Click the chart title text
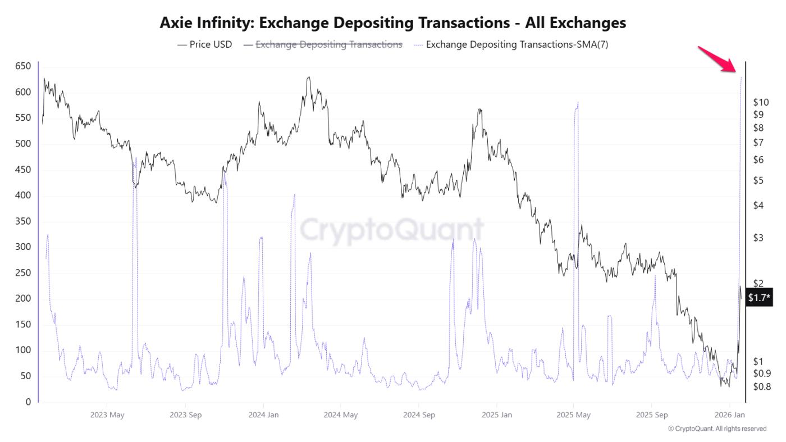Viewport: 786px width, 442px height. pyautogui.click(x=392, y=22)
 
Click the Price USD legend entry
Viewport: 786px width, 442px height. pyautogui.click(x=205, y=44)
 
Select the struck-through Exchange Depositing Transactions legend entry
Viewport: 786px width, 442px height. pyautogui.click(x=328, y=44)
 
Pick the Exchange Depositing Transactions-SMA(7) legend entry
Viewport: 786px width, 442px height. pyautogui.click(x=517, y=44)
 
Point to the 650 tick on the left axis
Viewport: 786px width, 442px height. pyautogui.click(x=22, y=66)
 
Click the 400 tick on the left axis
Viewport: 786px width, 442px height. pyautogui.click(x=22, y=196)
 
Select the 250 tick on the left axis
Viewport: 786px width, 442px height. pyautogui.click(x=22, y=273)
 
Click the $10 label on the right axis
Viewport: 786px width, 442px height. pyautogui.click(x=761, y=102)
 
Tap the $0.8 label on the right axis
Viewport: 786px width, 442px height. pyautogui.click(x=762, y=386)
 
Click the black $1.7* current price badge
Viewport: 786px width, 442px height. pyautogui.click(x=759, y=298)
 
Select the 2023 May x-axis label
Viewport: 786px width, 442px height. pyautogui.click(x=107, y=415)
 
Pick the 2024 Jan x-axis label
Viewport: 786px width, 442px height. pyautogui.click(x=263, y=415)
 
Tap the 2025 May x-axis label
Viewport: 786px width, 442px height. pyautogui.click(x=573, y=415)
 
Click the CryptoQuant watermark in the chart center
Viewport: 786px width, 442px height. pyautogui.click(x=391, y=230)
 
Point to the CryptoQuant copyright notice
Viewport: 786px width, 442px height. pyautogui.click(x=717, y=429)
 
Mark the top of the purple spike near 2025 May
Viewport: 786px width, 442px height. pyautogui.click(x=577, y=102)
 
